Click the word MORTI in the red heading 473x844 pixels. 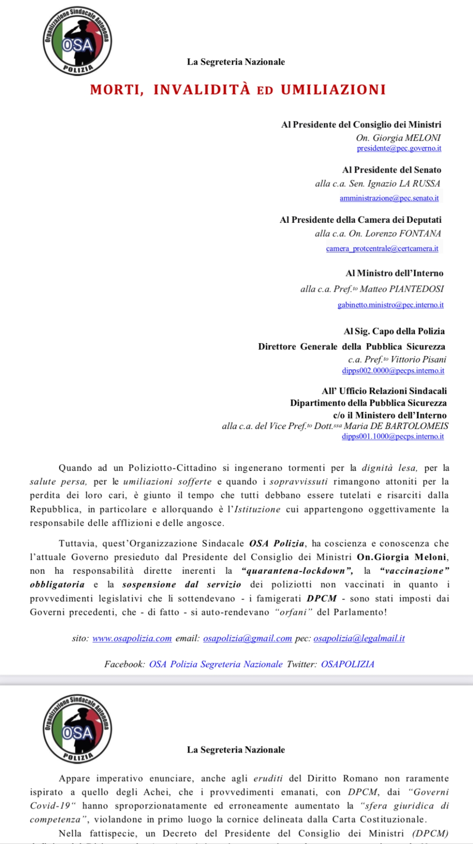click(x=117, y=90)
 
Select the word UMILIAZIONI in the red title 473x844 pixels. click(x=333, y=90)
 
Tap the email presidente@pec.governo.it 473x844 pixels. click(x=399, y=148)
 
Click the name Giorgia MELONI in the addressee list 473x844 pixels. click(x=407, y=138)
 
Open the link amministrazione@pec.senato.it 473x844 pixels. click(x=389, y=198)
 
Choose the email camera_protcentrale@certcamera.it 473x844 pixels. click(x=382, y=248)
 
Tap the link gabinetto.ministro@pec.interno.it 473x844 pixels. click(x=390, y=305)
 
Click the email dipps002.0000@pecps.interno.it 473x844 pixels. click(x=393, y=371)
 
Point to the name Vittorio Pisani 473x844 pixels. click(x=418, y=359)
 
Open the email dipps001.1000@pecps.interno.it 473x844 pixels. click(x=393, y=437)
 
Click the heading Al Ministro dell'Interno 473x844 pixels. click(x=394, y=273)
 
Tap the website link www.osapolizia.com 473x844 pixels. click(x=132, y=638)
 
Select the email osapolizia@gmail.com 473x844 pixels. click(x=247, y=638)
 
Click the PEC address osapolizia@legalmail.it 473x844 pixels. click(x=359, y=638)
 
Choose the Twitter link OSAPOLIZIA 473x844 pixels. click(x=347, y=664)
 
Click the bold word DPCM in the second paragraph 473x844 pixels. click(x=321, y=598)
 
